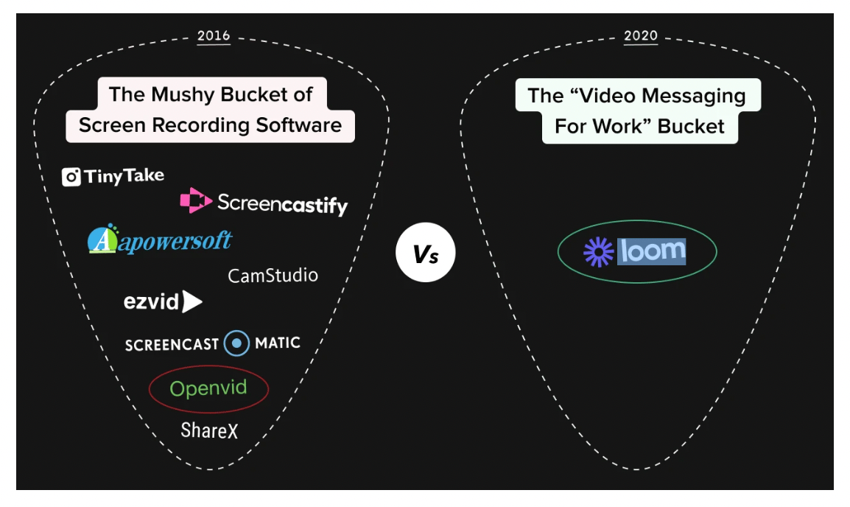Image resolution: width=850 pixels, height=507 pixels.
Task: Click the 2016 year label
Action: tap(214, 36)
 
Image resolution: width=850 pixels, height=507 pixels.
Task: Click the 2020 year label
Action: tap(640, 36)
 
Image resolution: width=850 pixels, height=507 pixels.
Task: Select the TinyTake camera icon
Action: tap(71, 177)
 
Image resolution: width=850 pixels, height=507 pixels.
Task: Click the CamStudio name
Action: tap(273, 276)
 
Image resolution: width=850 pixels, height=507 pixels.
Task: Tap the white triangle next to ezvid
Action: tap(192, 301)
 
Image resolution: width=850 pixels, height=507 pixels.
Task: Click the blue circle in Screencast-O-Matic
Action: tap(236, 343)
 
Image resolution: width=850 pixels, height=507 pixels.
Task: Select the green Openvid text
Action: tap(208, 388)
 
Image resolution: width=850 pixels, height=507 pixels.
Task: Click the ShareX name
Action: tap(210, 430)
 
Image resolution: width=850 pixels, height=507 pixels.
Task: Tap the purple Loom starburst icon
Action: tap(598, 252)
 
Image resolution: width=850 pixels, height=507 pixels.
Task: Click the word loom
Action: tap(653, 251)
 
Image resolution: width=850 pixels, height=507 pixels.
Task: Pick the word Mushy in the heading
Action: tap(189, 94)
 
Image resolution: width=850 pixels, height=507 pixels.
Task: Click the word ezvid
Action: tap(152, 301)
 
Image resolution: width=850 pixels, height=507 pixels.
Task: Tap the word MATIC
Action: tap(277, 343)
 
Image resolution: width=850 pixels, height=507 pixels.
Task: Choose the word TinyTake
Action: tap(124, 176)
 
